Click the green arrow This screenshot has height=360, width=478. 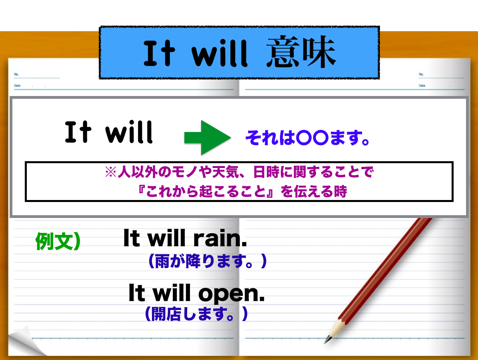click(x=207, y=138)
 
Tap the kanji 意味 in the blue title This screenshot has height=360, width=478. click(x=301, y=52)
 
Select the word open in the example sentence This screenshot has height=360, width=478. click(x=231, y=294)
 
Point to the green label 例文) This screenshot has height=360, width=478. click(x=58, y=241)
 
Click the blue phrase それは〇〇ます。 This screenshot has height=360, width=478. click(x=308, y=138)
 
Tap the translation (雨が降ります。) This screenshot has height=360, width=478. click(x=208, y=261)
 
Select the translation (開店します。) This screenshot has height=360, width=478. click(x=196, y=314)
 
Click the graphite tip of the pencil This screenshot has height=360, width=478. click(x=327, y=340)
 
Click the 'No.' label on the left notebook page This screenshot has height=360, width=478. click(x=16, y=74)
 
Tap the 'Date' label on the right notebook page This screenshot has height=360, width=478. click(x=422, y=86)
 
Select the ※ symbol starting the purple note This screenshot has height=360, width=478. click(x=111, y=172)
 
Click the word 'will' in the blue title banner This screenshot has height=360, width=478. click(x=220, y=53)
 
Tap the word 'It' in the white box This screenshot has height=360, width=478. click(x=78, y=132)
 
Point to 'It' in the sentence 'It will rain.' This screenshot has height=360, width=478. click(x=132, y=238)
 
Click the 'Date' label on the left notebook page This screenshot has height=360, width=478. click(x=17, y=86)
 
